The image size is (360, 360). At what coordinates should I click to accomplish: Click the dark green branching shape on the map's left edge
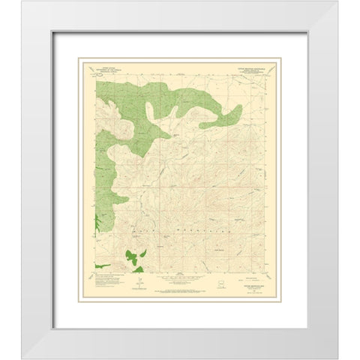tap(98, 222)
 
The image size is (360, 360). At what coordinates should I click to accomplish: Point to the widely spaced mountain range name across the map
tap(177, 223)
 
